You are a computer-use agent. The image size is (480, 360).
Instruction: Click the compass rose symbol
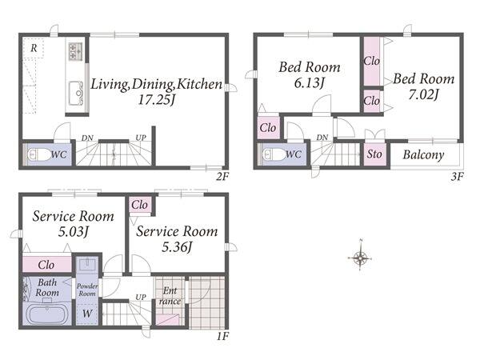(x=361, y=258)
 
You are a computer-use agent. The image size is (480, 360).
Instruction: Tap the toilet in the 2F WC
(x=38, y=154)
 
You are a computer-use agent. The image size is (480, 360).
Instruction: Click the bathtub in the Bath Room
(x=46, y=314)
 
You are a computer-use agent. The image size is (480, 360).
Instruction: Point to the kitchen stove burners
(x=75, y=51)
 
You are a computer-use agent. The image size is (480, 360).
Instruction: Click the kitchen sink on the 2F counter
(x=76, y=93)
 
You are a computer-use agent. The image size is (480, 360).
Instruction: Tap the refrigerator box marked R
(x=34, y=48)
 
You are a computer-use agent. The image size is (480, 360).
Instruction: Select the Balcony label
(x=423, y=155)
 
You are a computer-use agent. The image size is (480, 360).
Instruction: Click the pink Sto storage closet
(x=374, y=154)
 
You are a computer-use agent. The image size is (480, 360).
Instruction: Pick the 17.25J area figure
(x=157, y=99)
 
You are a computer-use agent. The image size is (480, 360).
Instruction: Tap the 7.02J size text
(x=424, y=94)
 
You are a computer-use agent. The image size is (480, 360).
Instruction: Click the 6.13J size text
(x=309, y=83)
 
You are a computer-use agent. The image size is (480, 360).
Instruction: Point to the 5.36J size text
(x=177, y=246)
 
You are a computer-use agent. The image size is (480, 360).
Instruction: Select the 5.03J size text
(x=74, y=231)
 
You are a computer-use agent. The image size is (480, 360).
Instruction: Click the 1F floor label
(x=222, y=336)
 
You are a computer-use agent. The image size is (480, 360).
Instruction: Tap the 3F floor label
(x=457, y=177)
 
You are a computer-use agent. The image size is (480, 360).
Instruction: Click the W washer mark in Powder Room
(x=87, y=313)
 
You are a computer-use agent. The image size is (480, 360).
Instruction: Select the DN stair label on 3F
(x=322, y=138)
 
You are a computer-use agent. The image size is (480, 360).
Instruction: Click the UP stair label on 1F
(x=141, y=297)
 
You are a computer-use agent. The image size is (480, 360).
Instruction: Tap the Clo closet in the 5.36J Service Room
(x=139, y=205)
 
